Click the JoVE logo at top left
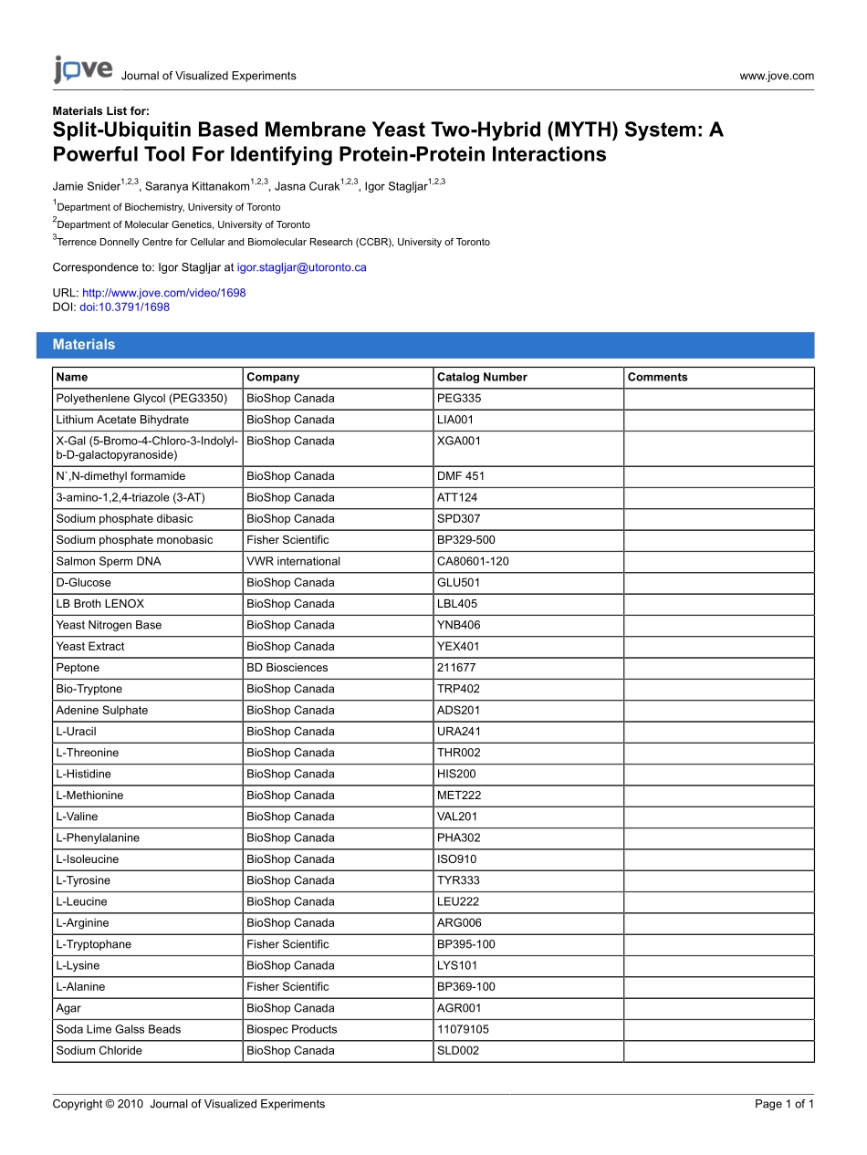tap(83, 70)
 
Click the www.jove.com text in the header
tap(777, 76)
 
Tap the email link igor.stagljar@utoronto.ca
tap(301, 268)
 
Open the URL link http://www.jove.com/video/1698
tap(163, 293)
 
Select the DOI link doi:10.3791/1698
tap(124, 307)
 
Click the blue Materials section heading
tap(84, 345)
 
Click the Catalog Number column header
tap(482, 377)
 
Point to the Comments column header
tap(657, 377)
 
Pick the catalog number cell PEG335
tap(459, 399)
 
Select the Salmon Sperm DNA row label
tap(96, 561)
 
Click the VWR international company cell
tap(293, 561)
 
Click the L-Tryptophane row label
tap(93, 944)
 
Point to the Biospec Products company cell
tap(291, 1029)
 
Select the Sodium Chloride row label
tap(99, 1051)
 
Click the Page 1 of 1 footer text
tap(784, 1104)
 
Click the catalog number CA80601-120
tap(473, 561)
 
